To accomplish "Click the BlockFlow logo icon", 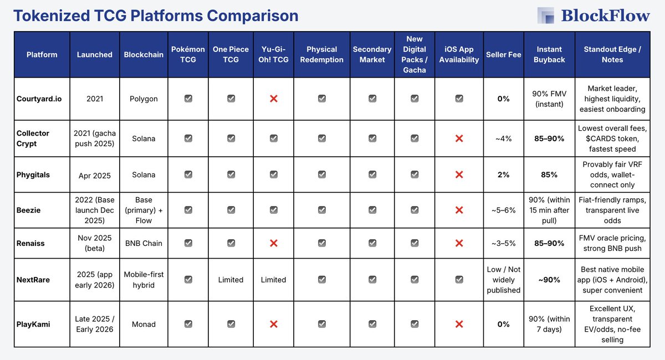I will tap(545, 16).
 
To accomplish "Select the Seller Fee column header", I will tap(503, 54).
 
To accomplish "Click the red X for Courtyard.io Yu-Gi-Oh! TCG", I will tap(274, 99).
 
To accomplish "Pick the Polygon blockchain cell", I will tap(144, 99).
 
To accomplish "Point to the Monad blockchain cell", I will tap(144, 324).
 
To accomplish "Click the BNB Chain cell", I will tap(144, 243).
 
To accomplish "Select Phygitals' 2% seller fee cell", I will tap(503, 174).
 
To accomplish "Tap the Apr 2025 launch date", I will tap(94, 176).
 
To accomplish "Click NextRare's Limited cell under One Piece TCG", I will tap(231, 280).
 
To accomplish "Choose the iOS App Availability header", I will tap(459, 54).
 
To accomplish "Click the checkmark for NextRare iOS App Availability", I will tap(459, 280).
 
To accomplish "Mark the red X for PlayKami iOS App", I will tap(459, 324).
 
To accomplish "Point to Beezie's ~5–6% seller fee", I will tap(503, 210).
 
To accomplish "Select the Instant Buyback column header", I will tap(549, 54).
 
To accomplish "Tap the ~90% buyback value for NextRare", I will tap(549, 280).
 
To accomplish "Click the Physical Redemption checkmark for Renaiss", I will tap(321, 243).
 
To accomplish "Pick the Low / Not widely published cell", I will tap(503, 280).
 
